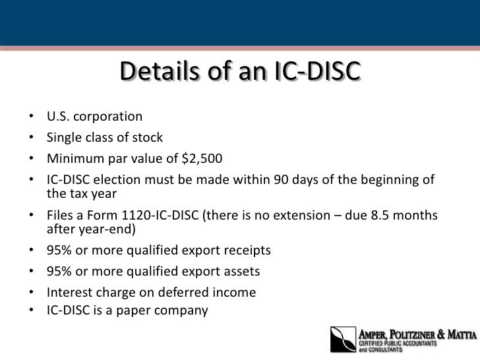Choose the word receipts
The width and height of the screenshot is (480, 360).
pos(247,251)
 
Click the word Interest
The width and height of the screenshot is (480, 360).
pos(69,292)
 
